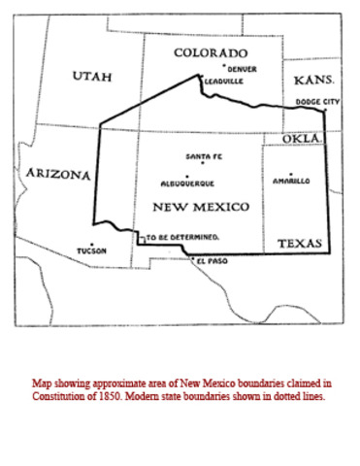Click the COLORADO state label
pyautogui.click(x=210, y=52)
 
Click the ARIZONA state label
pyautogui.click(x=58, y=175)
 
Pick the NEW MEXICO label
pyautogui.click(x=201, y=207)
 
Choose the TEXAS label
pyautogui.click(x=299, y=244)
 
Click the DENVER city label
pyautogui.click(x=243, y=70)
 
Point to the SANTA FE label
pyautogui.click(x=204, y=157)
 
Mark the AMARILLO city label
pyautogui.click(x=291, y=181)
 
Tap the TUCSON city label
pyautogui.click(x=91, y=251)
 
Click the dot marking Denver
pyautogui.click(x=224, y=65)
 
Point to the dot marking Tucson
pyautogui.click(x=91, y=244)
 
